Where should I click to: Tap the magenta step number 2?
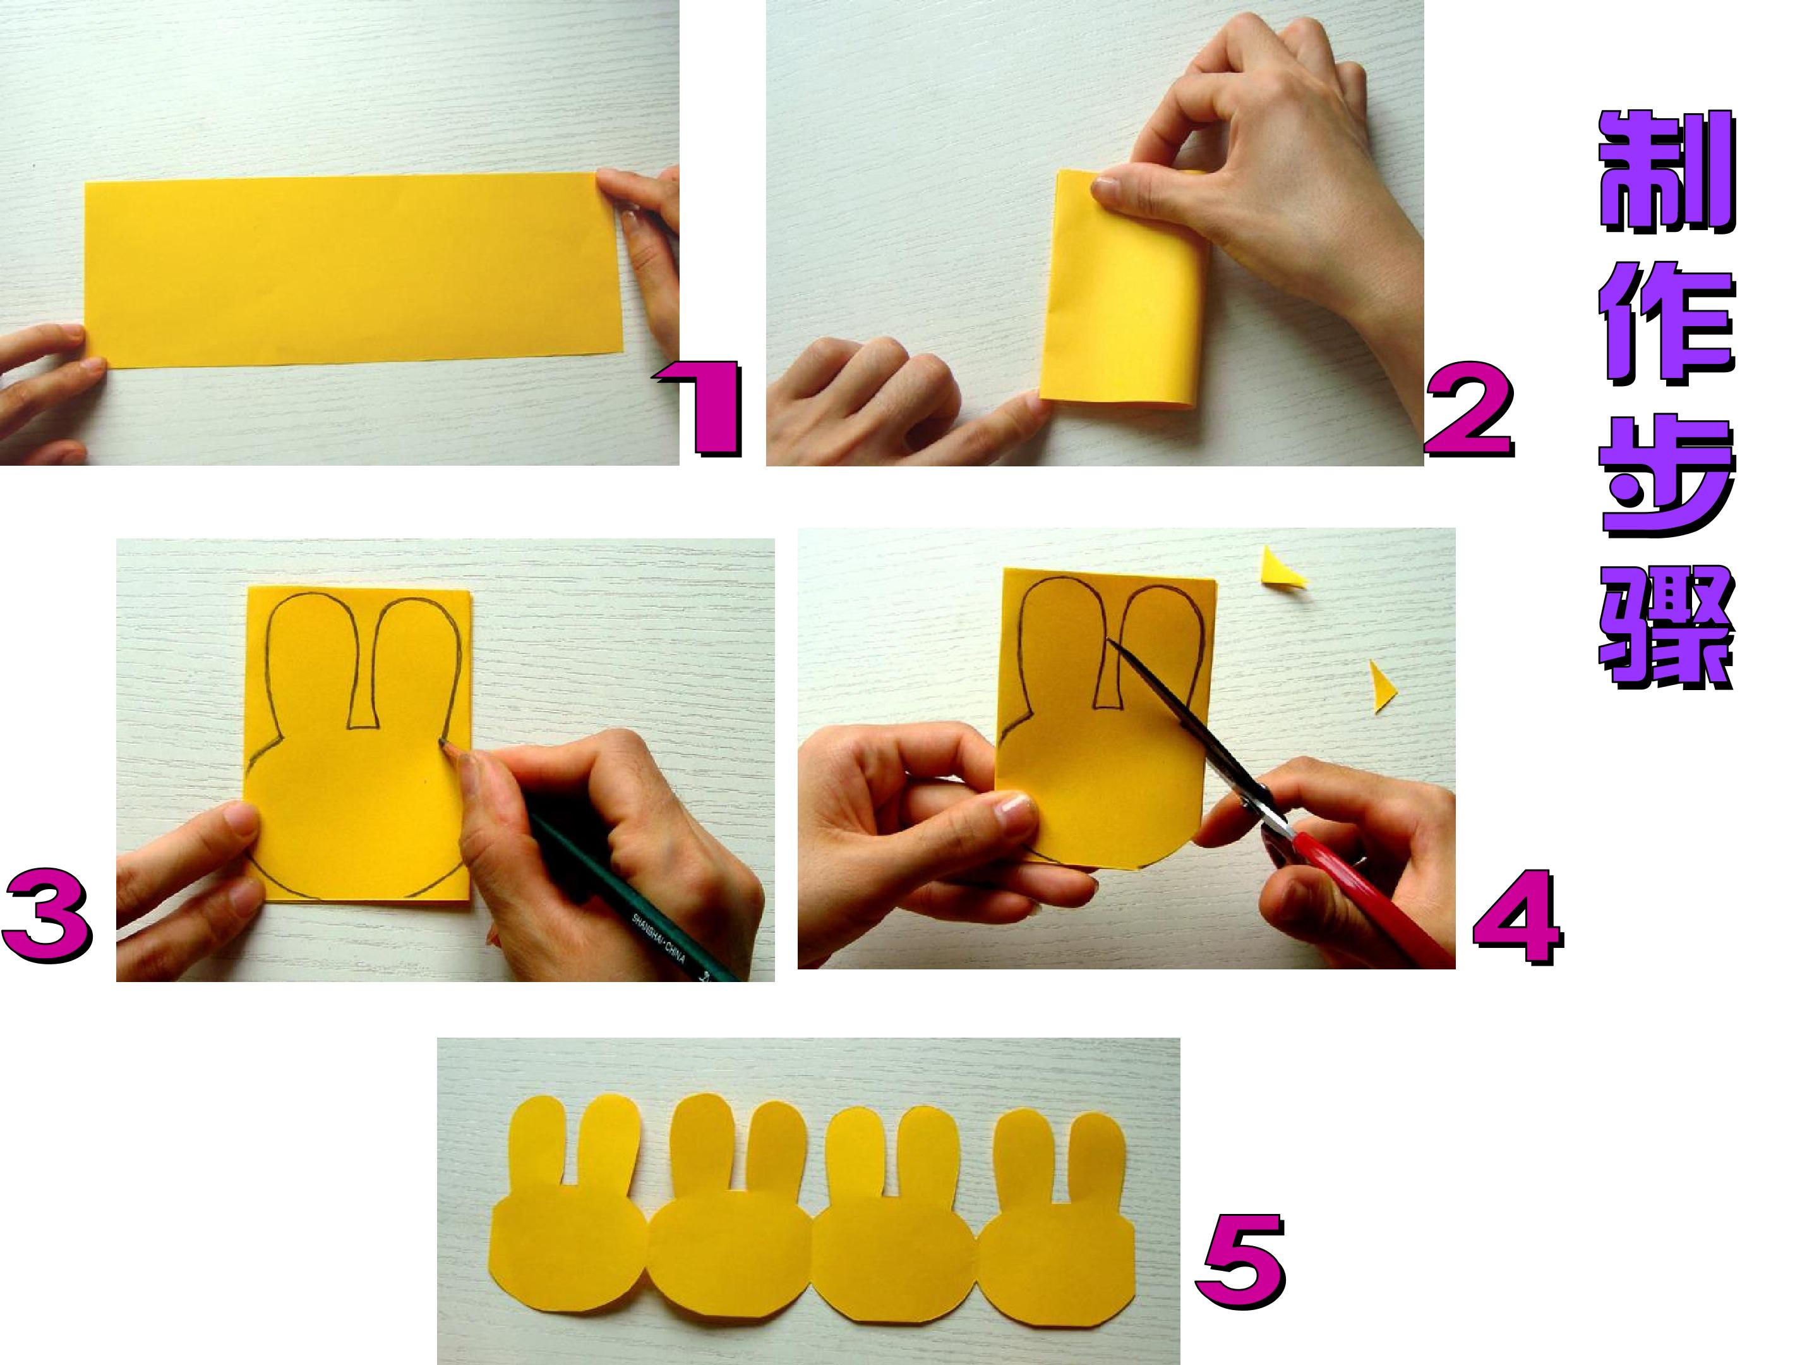coord(1468,411)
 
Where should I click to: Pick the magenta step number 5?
coord(1240,1259)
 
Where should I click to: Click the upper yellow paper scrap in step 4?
coord(1283,569)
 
